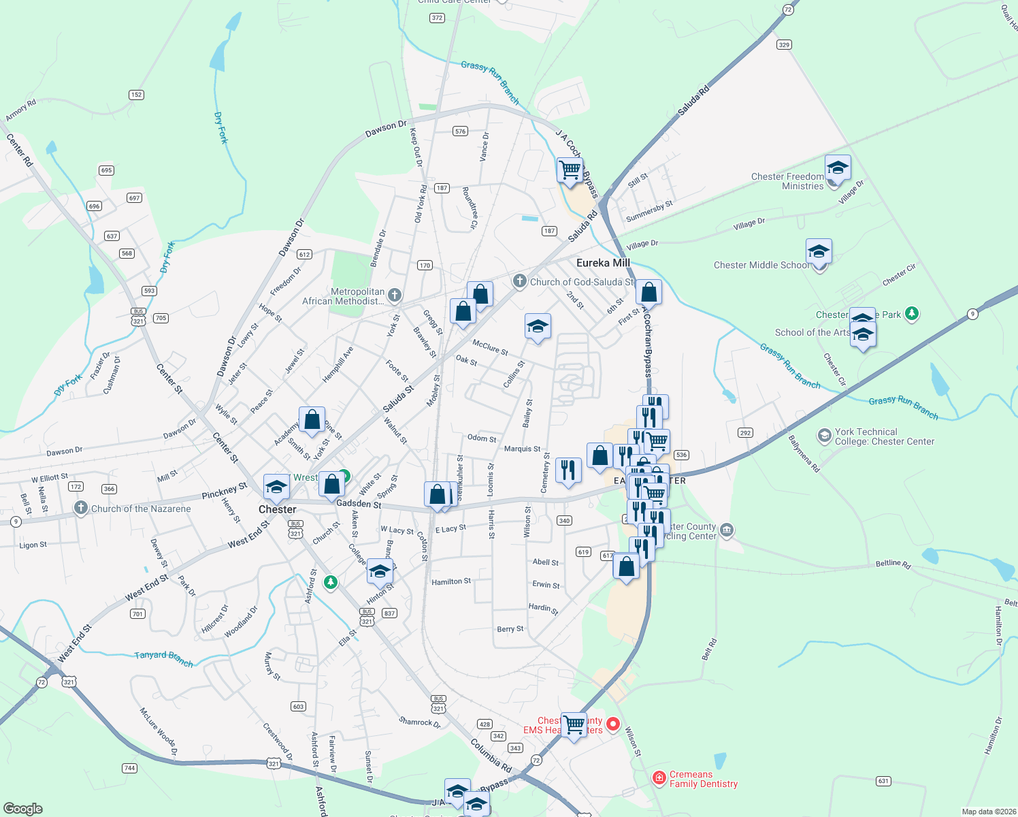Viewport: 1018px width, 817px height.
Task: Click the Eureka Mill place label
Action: tap(603, 263)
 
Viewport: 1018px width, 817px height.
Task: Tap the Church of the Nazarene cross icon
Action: tap(81, 508)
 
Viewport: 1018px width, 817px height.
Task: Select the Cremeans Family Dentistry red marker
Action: tap(659, 778)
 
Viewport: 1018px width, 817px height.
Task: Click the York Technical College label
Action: tap(884, 436)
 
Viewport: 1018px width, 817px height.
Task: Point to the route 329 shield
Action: tap(784, 45)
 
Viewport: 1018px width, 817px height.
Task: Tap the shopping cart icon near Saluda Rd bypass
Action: tap(570, 169)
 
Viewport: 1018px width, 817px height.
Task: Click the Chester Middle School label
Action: tap(761, 265)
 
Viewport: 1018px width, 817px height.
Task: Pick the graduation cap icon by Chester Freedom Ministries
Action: tap(838, 167)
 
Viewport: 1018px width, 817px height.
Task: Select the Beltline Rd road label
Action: tap(893, 564)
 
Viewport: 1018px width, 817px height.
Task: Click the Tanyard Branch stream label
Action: tap(163, 658)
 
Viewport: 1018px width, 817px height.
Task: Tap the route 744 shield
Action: tap(129, 768)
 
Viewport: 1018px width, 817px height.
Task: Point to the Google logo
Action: tap(23, 808)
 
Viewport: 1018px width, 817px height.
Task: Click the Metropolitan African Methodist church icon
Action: tap(395, 295)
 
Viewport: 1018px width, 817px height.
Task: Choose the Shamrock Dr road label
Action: tap(419, 722)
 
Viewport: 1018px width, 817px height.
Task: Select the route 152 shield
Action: tap(136, 95)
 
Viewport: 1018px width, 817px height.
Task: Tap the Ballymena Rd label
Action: tap(804, 454)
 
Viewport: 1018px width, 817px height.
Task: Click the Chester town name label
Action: tap(278, 509)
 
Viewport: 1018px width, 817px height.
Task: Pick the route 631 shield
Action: tap(883, 781)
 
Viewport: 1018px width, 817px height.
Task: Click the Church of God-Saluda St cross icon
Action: tap(519, 282)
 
